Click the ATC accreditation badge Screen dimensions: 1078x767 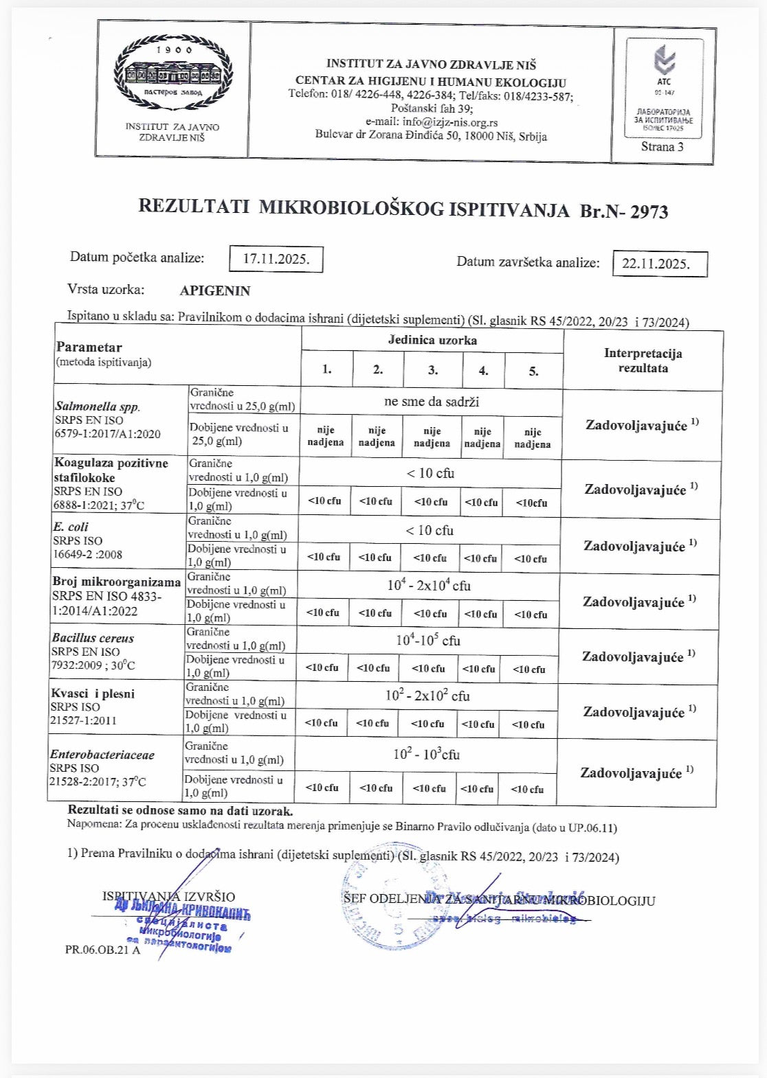664,88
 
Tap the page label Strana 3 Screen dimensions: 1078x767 662,146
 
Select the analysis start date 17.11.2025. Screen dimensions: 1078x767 276,259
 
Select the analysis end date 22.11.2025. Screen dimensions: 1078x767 659,264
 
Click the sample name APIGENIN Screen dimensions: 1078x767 215,290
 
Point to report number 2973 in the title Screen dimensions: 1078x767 649,211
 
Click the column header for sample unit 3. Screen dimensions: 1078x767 432,370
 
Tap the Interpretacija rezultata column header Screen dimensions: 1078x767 643,360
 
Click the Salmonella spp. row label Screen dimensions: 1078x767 97,406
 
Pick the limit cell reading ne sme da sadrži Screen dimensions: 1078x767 431,402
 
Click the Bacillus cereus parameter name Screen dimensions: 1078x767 93,638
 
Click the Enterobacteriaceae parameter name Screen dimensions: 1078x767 102,755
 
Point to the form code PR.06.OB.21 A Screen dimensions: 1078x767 102,950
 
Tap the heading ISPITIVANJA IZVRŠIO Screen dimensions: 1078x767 168,897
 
